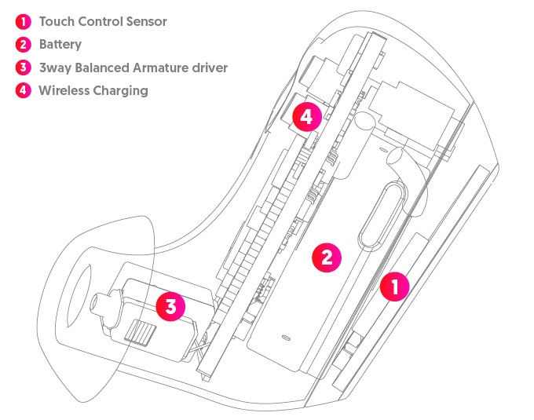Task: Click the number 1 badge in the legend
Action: coord(23,21)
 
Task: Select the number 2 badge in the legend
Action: coord(23,45)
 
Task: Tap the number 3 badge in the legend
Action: coord(23,68)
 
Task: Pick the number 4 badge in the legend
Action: coord(23,90)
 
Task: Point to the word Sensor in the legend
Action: coord(145,21)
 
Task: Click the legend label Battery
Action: coord(60,45)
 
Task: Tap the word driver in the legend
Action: coord(207,68)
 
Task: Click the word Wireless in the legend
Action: coord(64,90)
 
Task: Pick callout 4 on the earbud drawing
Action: coord(305,118)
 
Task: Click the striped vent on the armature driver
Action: coord(139,332)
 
